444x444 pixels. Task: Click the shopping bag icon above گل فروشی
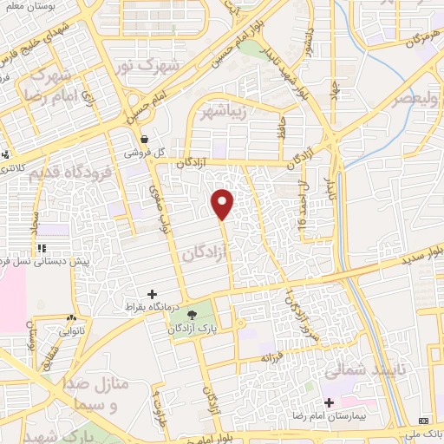click(x=143, y=138)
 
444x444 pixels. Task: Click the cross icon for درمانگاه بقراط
click(x=153, y=293)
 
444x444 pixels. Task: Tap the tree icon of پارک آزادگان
click(x=191, y=315)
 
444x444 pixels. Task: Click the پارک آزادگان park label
click(x=193, y=330)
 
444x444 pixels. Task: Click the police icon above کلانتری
click(x=7, y=156)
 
